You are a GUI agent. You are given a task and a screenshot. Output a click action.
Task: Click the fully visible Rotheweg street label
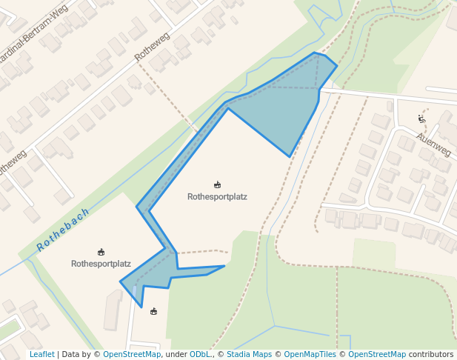(153, 46)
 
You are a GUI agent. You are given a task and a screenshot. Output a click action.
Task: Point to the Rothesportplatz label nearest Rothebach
(101, 264)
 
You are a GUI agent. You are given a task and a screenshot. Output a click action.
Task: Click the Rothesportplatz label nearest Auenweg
(217, 197)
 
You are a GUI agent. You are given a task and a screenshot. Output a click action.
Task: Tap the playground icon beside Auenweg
(422, 119)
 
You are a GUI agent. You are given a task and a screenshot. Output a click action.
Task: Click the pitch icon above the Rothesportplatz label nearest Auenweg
(217, 184)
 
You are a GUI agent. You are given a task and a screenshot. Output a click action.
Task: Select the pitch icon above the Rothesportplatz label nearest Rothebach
(101, 252)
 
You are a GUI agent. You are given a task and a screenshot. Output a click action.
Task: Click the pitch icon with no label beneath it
(154, 311)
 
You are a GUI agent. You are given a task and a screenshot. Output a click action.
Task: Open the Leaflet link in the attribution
(41, 355)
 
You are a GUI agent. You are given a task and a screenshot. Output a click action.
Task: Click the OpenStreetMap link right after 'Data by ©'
(131, 355)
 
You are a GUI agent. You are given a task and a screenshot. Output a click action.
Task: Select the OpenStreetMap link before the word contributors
(377, 355)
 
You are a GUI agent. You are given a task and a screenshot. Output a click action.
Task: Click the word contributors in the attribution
(431, 355)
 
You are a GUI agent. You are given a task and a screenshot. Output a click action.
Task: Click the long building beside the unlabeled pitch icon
(113, 310)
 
